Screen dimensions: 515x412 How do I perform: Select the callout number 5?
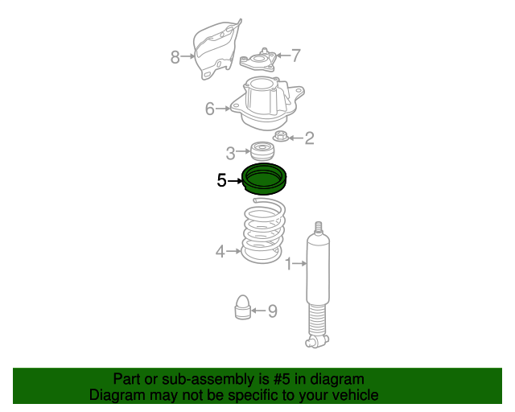(222, 180)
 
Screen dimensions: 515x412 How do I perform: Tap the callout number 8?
(175, 57)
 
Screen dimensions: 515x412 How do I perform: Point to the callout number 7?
(296, 56)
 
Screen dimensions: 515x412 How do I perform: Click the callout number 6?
(209, 109)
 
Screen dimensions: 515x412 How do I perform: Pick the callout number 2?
(309, 138)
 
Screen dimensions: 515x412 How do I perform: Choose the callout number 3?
(231, 153)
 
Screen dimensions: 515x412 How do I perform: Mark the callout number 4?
(220, 252)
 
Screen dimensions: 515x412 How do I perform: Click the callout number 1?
(289, 264)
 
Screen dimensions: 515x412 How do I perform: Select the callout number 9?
(273, 311)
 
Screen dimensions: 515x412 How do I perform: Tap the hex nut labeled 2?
(281, 136)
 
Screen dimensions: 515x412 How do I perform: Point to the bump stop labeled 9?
(243, 307)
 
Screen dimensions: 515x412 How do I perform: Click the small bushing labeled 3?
(262, 151)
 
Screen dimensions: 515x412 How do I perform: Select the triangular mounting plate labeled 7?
(258, 61)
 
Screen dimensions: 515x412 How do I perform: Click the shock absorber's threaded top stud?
(318, 229)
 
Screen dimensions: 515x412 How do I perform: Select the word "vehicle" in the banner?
(356, 395)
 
